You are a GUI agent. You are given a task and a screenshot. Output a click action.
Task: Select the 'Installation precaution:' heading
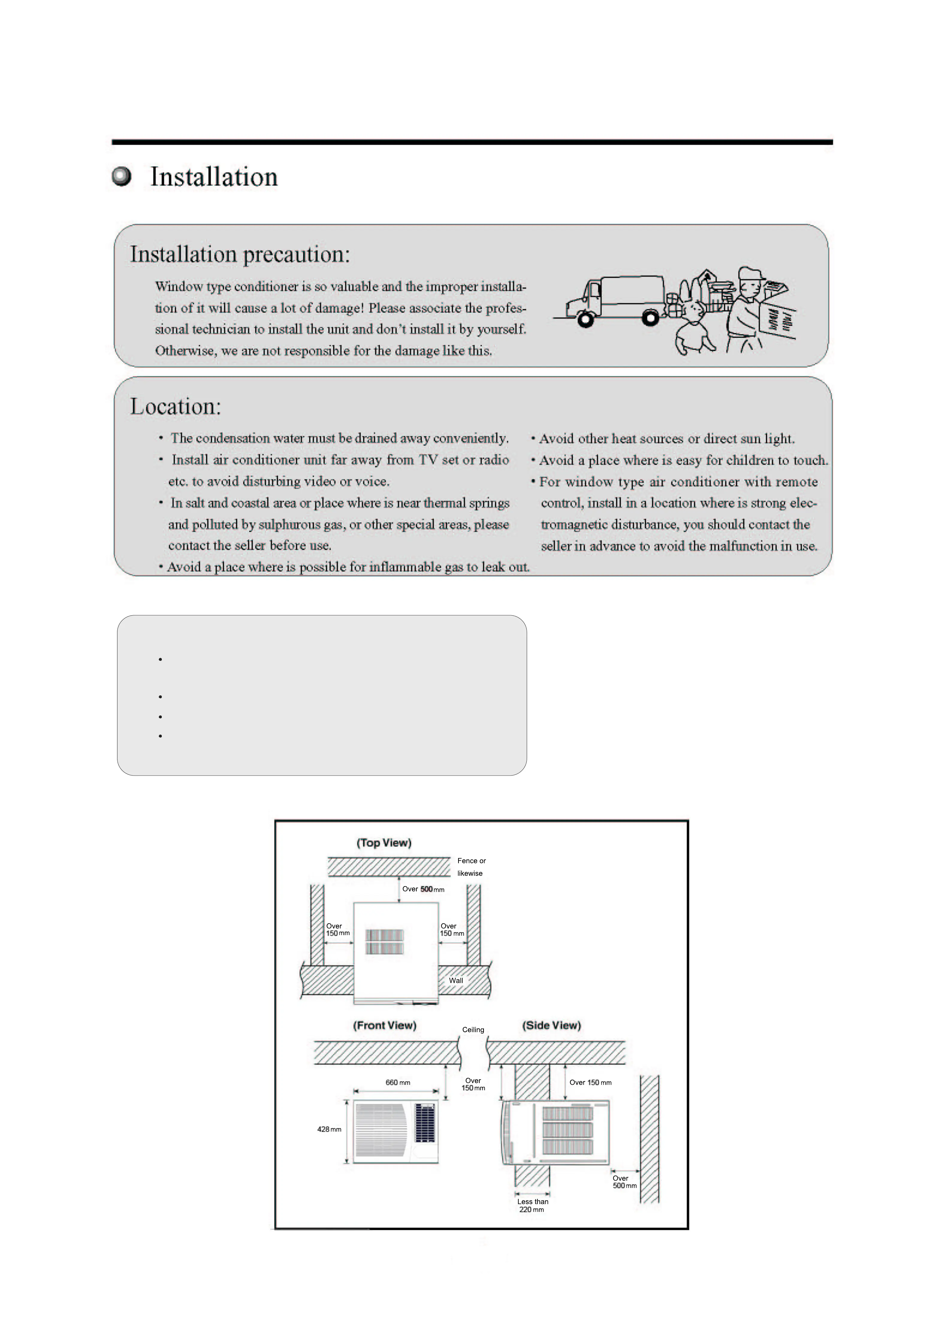pos(240,254)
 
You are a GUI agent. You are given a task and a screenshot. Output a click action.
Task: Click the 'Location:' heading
pos(176,406)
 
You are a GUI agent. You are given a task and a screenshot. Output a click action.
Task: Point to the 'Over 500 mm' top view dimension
pos(423,889)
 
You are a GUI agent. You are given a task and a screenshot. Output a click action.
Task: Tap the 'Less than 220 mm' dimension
pos(532,1205)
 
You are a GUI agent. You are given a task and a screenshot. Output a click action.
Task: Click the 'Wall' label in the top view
pos(456,980)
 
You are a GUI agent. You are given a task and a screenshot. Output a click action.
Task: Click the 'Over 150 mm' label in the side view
pos(590,1082)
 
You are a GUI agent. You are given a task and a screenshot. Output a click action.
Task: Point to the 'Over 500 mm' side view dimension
pos(624,1181)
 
